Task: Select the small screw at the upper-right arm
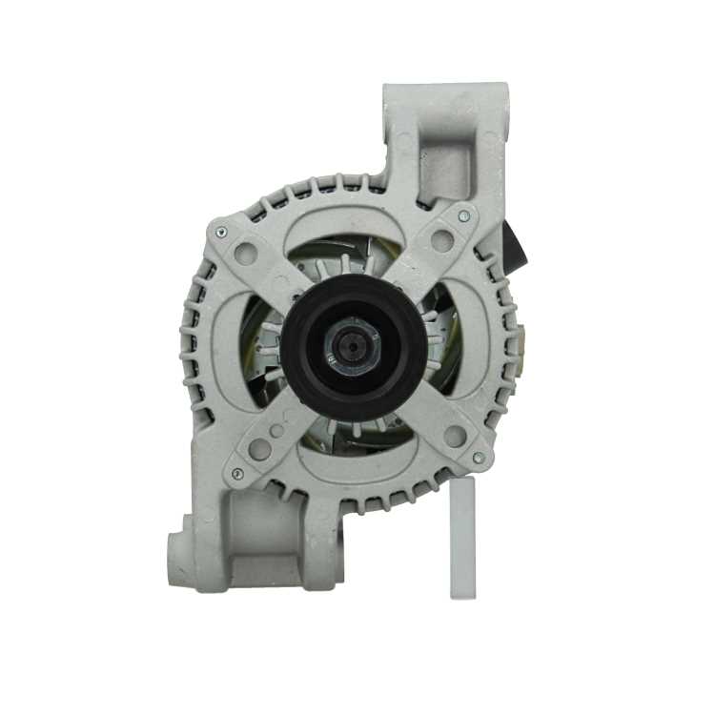click(x=463, y=217)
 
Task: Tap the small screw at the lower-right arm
click(x=478, y=459)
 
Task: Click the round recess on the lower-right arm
click(x=456, y=437)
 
